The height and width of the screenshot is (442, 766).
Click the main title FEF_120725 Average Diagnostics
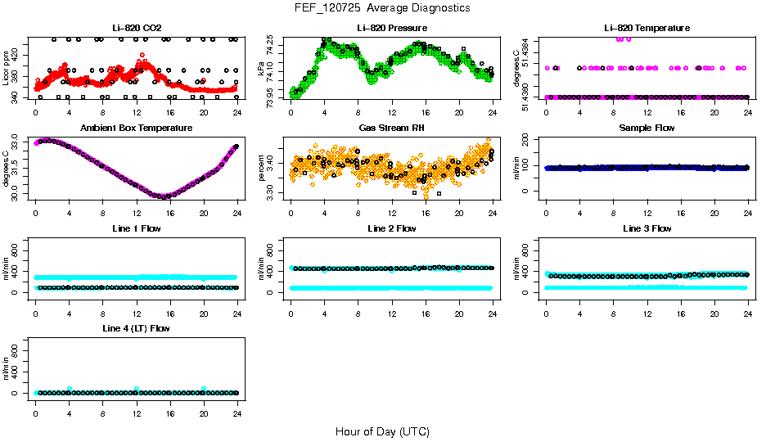coord(383,7)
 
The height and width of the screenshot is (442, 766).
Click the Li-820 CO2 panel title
coord(136,28)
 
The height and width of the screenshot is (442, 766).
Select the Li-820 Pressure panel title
coord(392,28)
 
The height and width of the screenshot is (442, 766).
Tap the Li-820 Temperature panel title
coord(647,28)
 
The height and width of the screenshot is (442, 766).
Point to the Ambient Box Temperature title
coord(136,129)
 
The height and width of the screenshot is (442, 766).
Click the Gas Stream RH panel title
coord(392,129)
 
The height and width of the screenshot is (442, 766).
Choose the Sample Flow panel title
coord(647,129)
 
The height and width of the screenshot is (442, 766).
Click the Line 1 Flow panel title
coord(136,228)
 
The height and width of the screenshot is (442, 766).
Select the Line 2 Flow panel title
coord(392,228)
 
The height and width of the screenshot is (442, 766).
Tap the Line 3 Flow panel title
coord(647,228)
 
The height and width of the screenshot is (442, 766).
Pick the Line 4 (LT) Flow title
coord(136,328)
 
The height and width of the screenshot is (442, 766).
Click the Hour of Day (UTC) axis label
coord(382,431)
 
